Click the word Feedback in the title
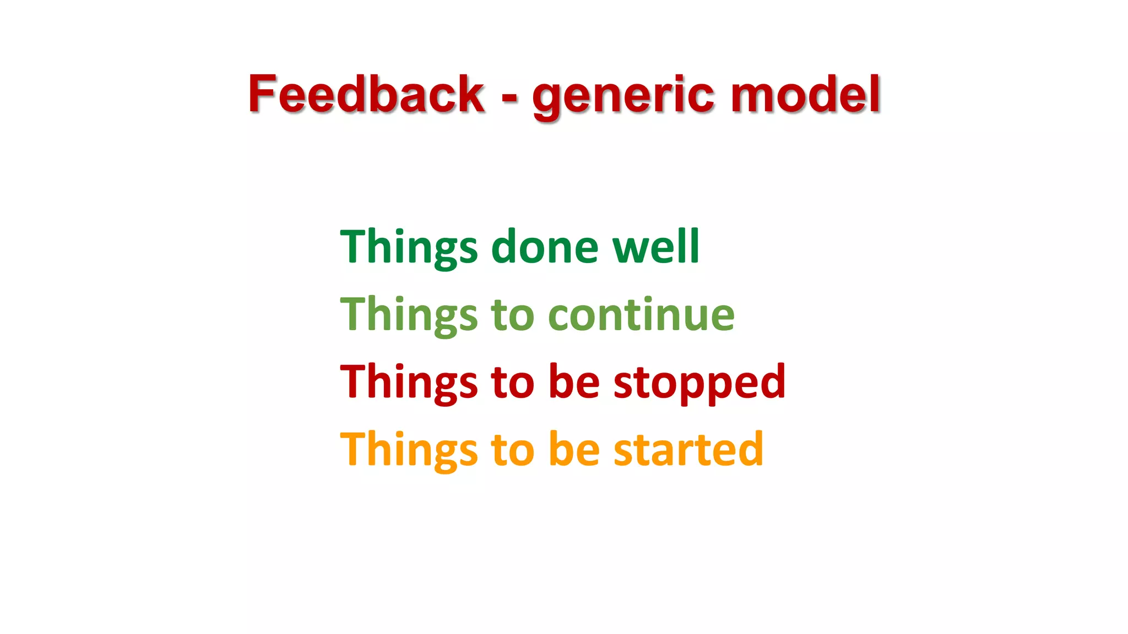[366, 94]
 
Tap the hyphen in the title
[509, 99]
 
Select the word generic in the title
[624, 96]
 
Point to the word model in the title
[805, 94]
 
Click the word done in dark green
[544, 247]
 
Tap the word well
[656, 247]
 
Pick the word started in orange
[688, 450]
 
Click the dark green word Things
[409, 248]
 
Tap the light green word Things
[409, 315]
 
